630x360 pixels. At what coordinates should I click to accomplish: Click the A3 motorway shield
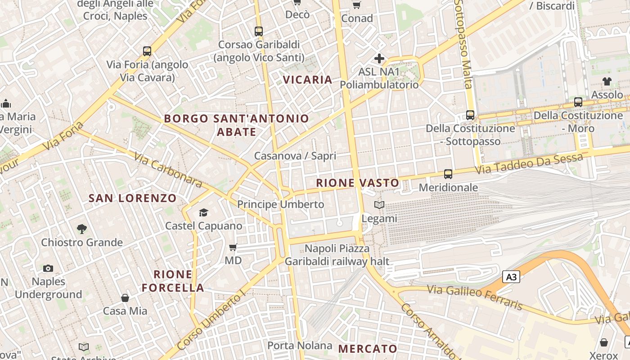pos(511,277)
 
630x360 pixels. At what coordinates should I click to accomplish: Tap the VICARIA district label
pos(308,80)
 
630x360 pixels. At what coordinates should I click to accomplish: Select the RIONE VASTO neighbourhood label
pos(358,183)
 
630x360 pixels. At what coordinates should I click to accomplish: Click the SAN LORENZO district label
pos(133,198)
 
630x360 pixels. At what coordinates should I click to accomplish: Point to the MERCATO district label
pos(368,349)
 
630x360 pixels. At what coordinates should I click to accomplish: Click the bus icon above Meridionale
pos(448,174)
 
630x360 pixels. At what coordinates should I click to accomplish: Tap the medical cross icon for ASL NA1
pos(379,58)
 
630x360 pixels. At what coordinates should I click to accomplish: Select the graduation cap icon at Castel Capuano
pos(204,212)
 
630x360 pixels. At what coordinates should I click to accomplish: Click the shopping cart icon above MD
pos(233,247)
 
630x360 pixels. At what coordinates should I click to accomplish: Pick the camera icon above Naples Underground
pos(48,269)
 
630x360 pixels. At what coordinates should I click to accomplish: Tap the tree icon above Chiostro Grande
pos(82,229)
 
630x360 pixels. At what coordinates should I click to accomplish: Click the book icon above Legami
pos(379,205)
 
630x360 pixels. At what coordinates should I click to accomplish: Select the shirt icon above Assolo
pos(607,81)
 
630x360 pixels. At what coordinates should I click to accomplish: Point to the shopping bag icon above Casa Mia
pos(125,298)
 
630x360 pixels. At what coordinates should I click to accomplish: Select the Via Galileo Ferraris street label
pos(475,297)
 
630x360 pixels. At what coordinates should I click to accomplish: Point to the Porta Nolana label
pos(300,346)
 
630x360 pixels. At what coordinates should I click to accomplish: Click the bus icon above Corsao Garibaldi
pos(258,31)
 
